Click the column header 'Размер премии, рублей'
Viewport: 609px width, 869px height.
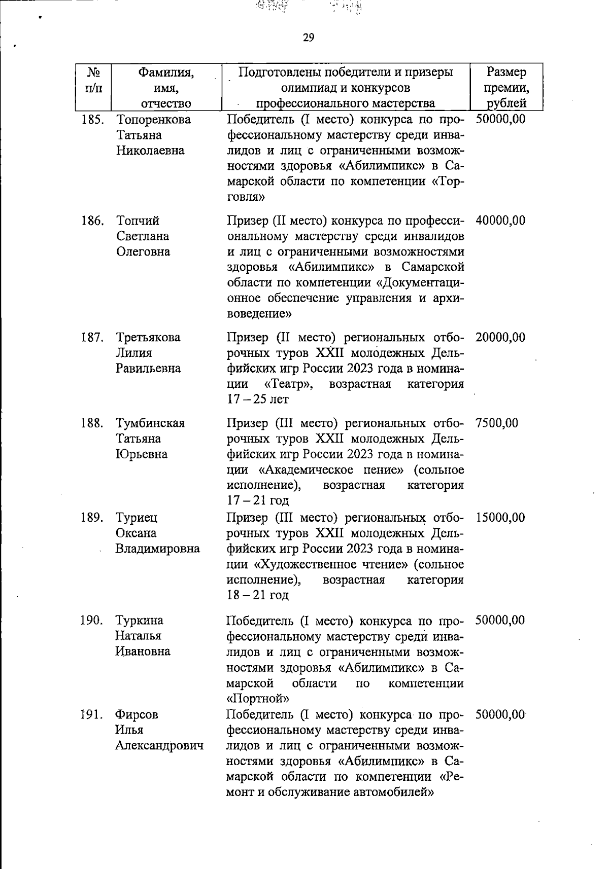[x=506, y=87]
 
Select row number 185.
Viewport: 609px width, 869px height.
[x=92, y=120]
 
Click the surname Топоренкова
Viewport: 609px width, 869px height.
[x=154, y=120]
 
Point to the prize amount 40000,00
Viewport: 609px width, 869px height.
[x=500, y=221]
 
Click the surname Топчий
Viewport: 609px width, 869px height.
[x=138, y=221]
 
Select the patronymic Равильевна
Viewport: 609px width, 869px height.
[x=148, y=368]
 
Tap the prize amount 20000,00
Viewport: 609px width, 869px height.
[x=500, y=337]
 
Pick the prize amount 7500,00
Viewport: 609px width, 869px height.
[x=497, y=423]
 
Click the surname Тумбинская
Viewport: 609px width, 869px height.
[x=150, y=423]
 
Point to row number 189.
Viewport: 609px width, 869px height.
[x=92, y=518]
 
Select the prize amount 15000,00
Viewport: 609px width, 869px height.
[x=500, y=518]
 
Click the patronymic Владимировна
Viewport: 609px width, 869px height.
[x=157, y=549]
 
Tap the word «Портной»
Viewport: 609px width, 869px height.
[x=257, y=699]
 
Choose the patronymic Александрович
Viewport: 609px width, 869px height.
[x=159, y=745]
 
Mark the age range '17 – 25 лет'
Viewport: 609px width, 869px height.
[x=258, y=400]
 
